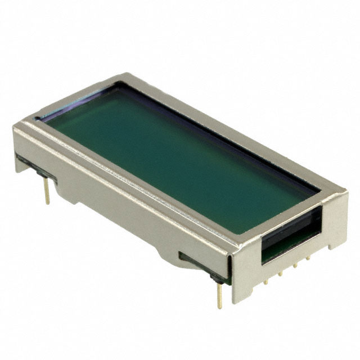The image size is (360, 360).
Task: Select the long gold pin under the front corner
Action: pyautogui.click(x=219, y=292)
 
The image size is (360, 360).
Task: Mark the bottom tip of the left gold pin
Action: pyautogui.click(x=48, y=202)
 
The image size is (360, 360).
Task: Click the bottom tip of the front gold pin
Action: pyautogui.click(x=220, y=307)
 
